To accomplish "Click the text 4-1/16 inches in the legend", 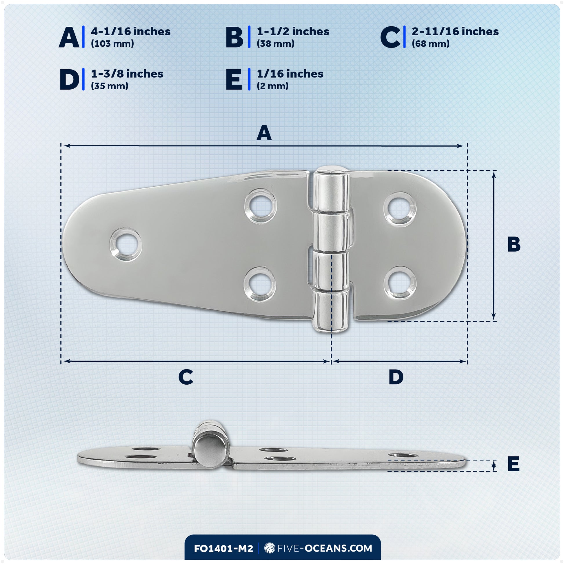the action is point(130,32).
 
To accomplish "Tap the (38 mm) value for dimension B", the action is point(276,44).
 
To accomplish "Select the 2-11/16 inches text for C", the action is point(455,32).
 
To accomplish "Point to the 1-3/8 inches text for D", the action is point(127,74).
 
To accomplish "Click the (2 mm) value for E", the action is point(273,86).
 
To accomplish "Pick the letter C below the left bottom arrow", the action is point(186,377).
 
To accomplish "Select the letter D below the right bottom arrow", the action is point(396,377).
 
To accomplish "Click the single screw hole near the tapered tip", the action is point(126,244).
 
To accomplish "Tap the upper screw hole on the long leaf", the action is point(260,206).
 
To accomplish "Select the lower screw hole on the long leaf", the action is point(260,284).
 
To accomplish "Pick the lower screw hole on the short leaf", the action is point(400,283).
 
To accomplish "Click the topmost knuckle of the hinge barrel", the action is point(331,189).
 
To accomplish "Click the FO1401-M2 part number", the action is point(224,549).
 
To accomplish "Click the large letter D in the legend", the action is point(69,79).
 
